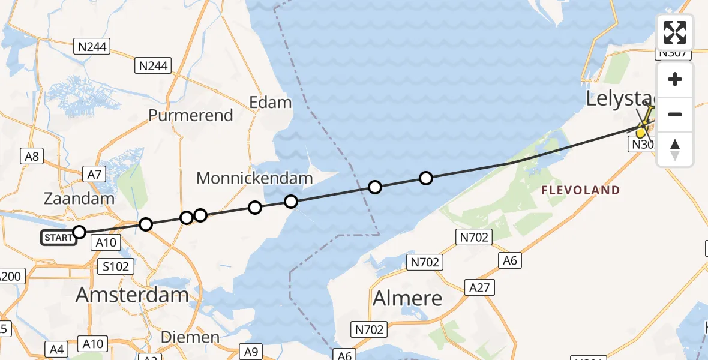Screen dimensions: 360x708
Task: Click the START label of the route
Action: coord(58,238)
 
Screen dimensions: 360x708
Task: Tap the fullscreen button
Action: coord(675,32)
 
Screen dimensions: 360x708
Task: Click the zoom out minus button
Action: coord(675,114)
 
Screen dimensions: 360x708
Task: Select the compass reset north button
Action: coord(675,149)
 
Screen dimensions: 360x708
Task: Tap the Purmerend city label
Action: coord(190,115)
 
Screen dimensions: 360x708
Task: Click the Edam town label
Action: coord(271,102)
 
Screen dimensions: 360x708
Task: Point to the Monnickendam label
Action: coord(254,178)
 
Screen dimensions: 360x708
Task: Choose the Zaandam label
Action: coord(79,199)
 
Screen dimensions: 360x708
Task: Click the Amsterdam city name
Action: coord(132,295)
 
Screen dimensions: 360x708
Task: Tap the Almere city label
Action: coord(407,298)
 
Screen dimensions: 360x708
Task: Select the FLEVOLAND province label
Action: coord(580,190)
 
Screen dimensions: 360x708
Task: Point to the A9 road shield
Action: coord(250,352)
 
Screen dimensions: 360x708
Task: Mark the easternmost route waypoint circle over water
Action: coord(425,178)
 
